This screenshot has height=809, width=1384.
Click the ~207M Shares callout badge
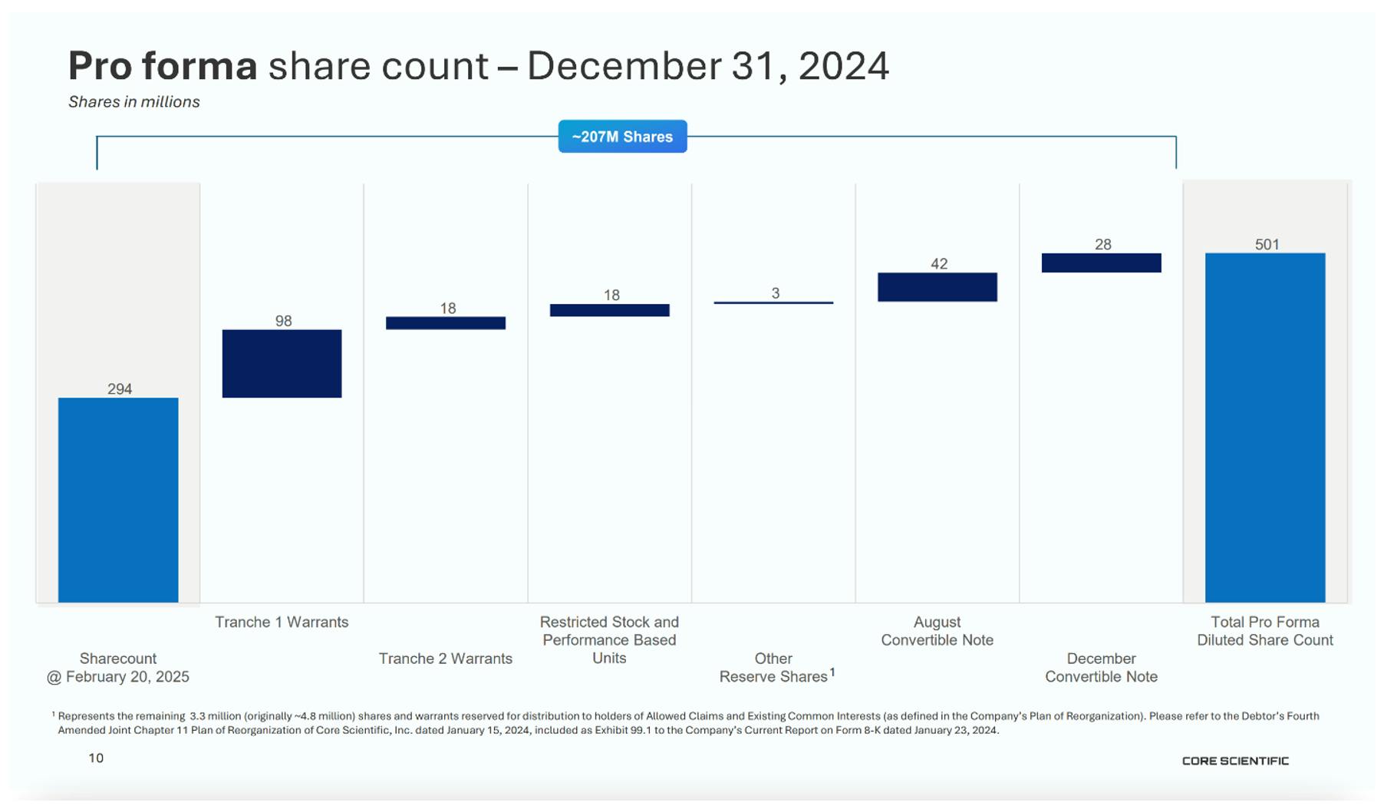coord(622,137)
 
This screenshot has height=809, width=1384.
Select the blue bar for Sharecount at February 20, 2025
coord(118,500)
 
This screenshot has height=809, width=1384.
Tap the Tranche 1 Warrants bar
coord(282,364)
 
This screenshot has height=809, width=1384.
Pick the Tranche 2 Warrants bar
coord(446,323)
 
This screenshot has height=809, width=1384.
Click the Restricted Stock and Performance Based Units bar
coord(610,310)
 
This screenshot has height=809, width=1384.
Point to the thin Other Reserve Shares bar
coord(773,302)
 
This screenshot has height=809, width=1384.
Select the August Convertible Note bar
coord(937,287)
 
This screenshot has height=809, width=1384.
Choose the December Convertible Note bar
coord(1102,263)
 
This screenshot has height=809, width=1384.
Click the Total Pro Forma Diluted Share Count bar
coord(1265,428)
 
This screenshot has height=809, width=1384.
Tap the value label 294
coord(120,389)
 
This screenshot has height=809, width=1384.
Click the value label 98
coord(284,321)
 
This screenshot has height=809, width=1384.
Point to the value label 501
coord(1267,245)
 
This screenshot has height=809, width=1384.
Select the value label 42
coord(939,264)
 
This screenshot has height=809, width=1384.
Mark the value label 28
coord(1103,245)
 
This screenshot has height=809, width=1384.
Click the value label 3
coord(776,293)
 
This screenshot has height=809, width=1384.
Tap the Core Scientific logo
coord(1235,761)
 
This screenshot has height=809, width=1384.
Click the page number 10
coord(96,758)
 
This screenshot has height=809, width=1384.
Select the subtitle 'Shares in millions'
coord(134,102)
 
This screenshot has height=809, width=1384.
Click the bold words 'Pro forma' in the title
coord(163,66)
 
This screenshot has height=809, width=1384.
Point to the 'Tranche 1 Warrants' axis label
coord(282,622)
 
